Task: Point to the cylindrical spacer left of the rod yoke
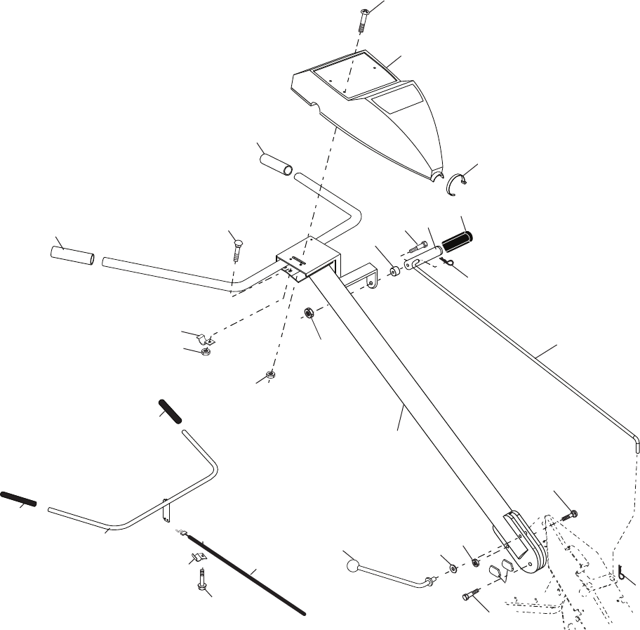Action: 396,271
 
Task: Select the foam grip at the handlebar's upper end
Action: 279,167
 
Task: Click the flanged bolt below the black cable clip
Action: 201,586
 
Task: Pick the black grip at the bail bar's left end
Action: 19,499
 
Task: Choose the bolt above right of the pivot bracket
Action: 571,514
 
